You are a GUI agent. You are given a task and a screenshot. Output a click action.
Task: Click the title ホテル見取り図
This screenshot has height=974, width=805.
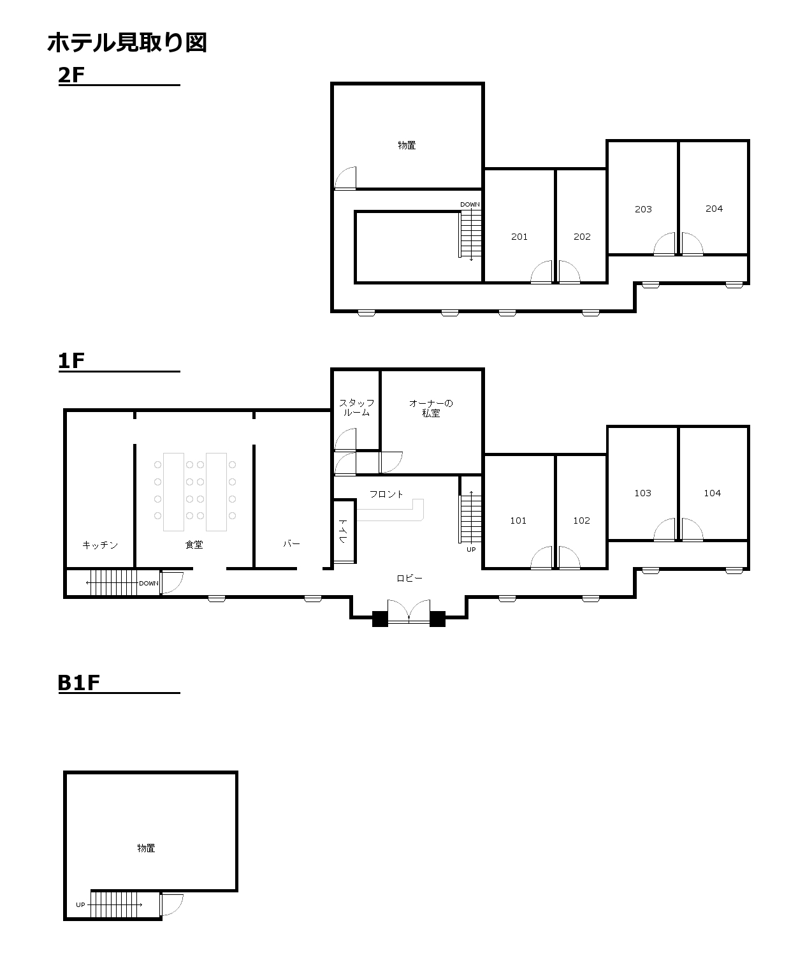(127, 43)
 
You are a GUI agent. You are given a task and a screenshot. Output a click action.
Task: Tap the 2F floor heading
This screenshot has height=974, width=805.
(71, 75)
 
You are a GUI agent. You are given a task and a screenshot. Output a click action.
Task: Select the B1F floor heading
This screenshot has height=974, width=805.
(79, 683)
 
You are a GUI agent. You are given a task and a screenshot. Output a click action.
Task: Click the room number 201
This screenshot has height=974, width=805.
(519, 237)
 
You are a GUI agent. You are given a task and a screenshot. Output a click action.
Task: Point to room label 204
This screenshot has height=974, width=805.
(714, 209)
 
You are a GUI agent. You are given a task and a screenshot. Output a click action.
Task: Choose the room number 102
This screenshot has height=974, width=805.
(582, 520)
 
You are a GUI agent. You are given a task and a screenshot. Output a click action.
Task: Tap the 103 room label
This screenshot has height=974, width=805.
(642, 492)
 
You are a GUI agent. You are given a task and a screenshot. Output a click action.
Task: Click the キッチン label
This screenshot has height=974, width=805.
(100, 544)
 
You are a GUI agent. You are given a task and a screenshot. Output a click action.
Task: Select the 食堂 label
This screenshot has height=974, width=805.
(194, 544)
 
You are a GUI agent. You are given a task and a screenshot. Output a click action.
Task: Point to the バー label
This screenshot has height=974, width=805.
(292, 543)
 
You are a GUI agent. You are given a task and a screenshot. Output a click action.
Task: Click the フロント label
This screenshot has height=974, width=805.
(386, 494)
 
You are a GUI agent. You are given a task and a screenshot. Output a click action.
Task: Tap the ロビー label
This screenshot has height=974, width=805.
(410, 578)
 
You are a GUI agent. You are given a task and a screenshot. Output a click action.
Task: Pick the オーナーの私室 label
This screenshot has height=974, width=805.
(431, 408)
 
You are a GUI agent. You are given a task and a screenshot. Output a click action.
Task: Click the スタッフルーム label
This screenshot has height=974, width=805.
(356, 408)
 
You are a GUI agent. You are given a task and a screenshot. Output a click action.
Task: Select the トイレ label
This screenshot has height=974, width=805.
(343, 531)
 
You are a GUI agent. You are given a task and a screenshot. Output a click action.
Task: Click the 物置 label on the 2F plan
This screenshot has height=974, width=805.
(407, 145)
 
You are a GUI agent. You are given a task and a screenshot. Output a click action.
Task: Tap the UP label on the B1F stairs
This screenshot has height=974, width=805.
(81, 904)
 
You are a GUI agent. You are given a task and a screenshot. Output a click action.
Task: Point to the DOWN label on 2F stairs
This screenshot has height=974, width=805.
(470, 204)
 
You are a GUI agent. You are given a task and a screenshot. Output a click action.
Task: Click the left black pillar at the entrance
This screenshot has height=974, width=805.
(380, 619)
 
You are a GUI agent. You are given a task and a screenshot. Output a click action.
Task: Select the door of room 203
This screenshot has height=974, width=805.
(664, 244)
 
